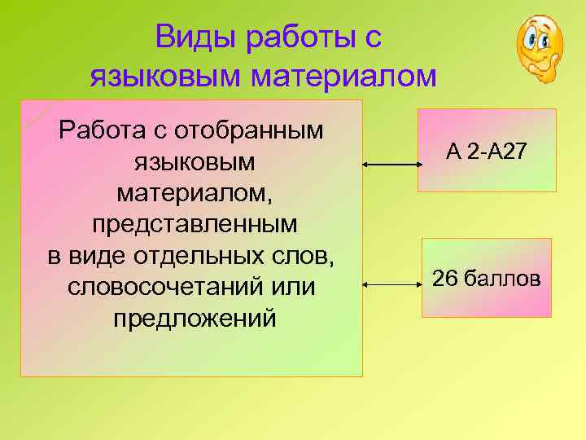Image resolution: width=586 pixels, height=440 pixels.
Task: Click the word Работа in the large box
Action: [96, 130]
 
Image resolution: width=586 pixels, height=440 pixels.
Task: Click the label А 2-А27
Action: [487, 151]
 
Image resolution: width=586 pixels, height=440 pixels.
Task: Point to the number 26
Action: [444, 279]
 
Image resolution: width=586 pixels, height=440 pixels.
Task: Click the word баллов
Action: [502, 279]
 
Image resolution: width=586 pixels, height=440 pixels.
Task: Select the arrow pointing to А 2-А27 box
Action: [391, 165]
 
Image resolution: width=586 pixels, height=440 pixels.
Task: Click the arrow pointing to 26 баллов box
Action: [391, 285]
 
